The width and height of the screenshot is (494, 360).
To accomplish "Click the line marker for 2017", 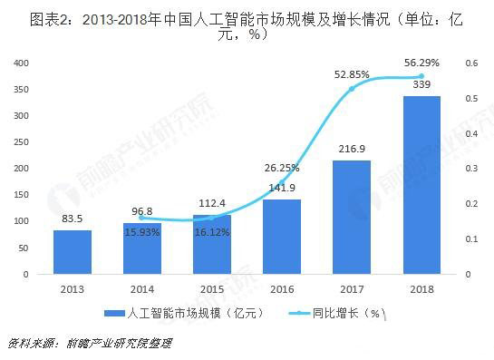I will point(352,89).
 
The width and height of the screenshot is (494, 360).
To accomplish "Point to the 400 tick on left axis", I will point(23,63).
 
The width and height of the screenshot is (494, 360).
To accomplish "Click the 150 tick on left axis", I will point(23,195).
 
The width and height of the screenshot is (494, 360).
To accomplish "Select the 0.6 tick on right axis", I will point(472,63).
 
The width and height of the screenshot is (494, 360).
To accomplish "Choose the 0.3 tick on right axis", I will point(472,169).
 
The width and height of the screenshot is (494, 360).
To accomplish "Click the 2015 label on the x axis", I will point(212,287).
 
